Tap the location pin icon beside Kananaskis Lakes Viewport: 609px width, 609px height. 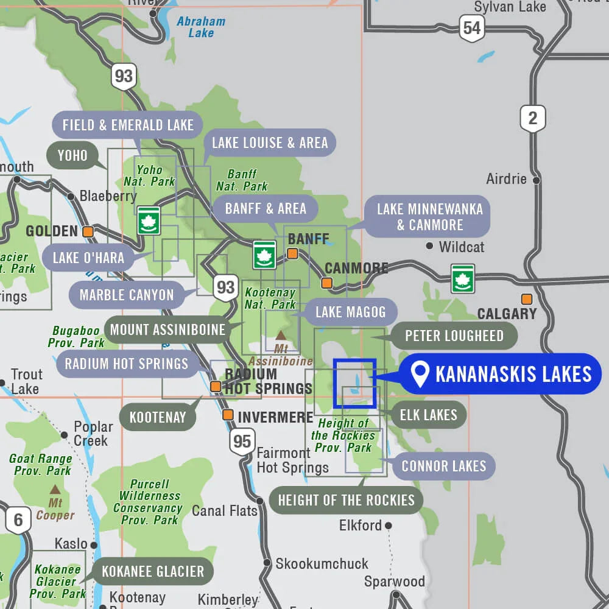420,374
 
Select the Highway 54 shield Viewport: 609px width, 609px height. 471,28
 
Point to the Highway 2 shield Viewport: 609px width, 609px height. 532,118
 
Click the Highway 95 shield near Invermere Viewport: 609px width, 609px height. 242,441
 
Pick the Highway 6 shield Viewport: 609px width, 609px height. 18,520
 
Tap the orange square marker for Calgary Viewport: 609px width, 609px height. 526,299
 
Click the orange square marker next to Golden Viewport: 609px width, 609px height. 88,231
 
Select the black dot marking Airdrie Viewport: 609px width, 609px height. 536,180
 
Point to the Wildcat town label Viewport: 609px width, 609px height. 462,247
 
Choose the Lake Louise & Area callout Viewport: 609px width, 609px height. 269,143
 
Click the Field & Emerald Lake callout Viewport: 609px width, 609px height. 128,125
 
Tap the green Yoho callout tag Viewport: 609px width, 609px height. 72,155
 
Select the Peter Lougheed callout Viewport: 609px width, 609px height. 454,336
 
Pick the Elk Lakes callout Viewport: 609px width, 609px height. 428,415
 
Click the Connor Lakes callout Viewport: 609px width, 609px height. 443,466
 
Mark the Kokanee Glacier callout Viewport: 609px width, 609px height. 152,571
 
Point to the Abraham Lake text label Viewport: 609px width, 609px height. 201,27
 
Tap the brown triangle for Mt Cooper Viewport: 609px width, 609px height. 55,489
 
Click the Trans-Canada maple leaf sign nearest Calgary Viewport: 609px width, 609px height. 463,278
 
